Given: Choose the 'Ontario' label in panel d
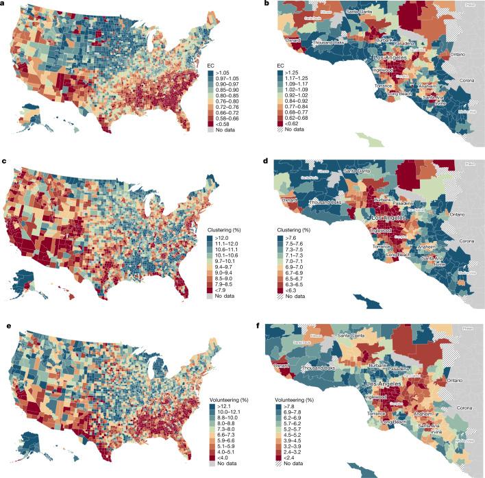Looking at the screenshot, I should click(x=459, y=214).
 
